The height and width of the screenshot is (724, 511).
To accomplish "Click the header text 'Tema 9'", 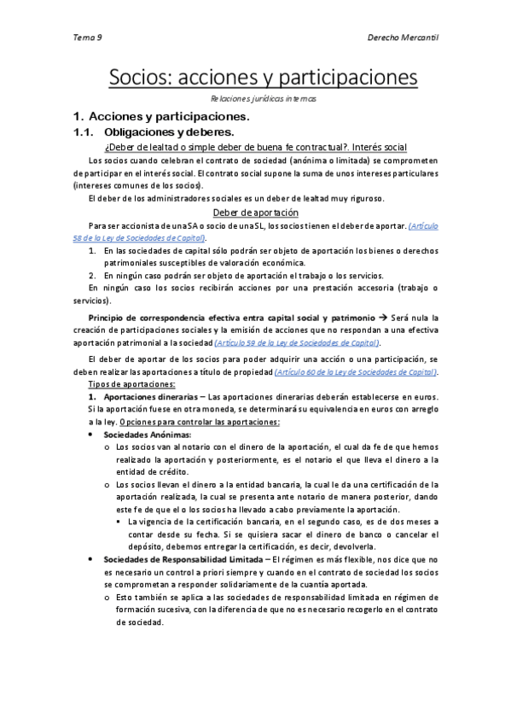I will (x=87, y=38).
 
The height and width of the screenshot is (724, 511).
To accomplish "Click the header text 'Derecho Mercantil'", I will (x=402, y=38).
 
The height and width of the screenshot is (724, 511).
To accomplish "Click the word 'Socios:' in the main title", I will (x=140, y=78).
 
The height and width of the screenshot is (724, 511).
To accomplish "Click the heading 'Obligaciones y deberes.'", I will (x=168, y=132).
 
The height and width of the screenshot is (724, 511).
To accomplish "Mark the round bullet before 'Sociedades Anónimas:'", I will (x=92, y=435).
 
